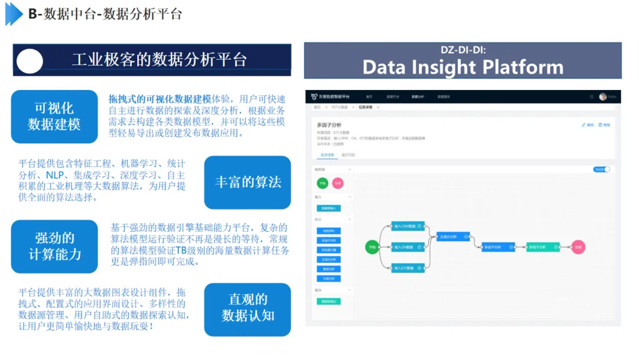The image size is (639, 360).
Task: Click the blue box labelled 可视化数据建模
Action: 54,117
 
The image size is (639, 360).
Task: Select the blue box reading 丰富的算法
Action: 247,182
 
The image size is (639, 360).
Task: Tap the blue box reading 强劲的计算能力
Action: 54,246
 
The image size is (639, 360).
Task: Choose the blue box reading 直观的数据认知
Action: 247,308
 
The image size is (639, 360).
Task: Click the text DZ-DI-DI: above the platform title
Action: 463,50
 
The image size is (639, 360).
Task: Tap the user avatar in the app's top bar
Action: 603,97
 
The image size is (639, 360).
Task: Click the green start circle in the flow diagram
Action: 372,247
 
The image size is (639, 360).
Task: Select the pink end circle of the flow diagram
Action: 578,247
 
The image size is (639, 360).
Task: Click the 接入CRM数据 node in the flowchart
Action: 408,226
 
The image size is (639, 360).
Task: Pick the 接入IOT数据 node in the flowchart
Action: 408,268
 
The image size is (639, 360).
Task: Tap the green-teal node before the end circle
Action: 543,247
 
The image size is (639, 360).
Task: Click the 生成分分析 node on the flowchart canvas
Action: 453,237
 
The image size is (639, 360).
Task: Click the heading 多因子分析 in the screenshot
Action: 329,126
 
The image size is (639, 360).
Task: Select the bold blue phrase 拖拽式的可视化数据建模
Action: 160,98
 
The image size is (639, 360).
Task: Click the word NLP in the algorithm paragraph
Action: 57,176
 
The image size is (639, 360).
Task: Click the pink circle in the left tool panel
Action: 337,184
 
